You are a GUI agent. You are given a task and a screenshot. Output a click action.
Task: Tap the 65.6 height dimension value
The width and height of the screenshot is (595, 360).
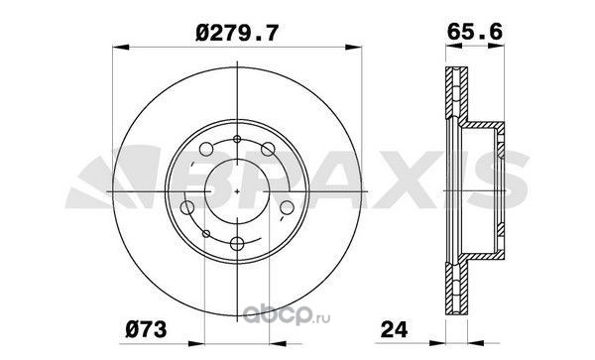(x=475, y=31)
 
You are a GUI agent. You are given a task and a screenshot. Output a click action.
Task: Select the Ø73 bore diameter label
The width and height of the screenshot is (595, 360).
(x=146, y=329)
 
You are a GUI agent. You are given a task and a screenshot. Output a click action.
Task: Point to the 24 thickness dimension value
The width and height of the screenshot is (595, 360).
(x=394, y=329)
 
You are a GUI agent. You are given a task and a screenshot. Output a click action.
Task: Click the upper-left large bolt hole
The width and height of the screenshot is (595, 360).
(x=206, y=149)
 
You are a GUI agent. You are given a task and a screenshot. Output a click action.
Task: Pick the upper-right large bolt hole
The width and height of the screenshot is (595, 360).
(x=268, y=149)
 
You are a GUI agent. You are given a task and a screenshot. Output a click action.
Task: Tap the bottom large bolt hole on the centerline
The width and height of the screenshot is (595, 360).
(x=237, y=244)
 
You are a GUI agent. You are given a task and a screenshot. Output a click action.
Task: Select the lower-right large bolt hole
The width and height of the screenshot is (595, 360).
(x=287, y=207)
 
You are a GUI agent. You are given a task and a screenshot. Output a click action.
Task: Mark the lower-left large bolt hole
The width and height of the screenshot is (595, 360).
(x=187, y=207)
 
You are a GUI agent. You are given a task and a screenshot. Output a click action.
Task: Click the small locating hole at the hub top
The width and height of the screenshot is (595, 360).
(x=237, y=139)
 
